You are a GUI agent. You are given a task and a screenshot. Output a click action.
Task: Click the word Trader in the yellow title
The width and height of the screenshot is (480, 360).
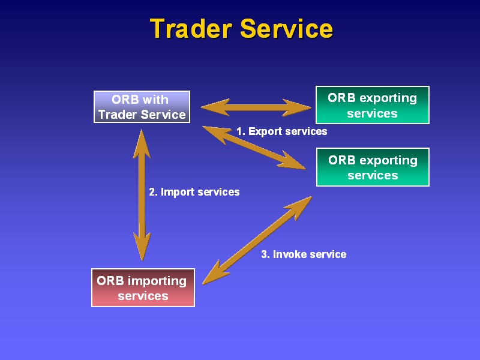pyautogui.click(x=191, y=28)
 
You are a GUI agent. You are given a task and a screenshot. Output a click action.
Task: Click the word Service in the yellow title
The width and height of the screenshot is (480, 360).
pyautogui.click(x=287, y=28)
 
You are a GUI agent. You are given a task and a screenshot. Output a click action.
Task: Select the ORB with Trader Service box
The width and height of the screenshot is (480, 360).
pyautogui.click(x=142, y=107)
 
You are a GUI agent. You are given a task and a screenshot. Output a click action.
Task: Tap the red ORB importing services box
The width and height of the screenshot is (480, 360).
pyautogui.click(x=143, y=288)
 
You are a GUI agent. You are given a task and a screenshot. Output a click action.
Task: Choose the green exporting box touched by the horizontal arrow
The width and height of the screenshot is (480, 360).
pyautogui.click(x=372, y=105)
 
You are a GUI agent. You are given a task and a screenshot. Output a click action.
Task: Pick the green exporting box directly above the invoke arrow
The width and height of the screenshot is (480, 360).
pyautogui.click(x=373, y=167)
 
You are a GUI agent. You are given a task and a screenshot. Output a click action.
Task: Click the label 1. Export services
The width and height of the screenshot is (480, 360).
pyautogui.click(x=281, y=131)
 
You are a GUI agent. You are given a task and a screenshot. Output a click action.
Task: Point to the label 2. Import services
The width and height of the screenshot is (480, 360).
pyautogui.click(x=194, y=192)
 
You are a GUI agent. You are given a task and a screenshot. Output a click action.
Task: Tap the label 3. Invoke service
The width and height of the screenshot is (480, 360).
pyautogui.click(x=304, y=254)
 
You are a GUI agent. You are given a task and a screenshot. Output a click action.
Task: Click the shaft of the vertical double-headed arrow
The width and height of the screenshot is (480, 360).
pyautogui.click(x=142, y=195)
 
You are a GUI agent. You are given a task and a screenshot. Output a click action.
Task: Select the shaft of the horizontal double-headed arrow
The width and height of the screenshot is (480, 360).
pyautogui.click(x=256, y=107)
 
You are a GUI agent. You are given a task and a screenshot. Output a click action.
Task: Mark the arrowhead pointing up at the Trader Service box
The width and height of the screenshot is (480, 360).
pyautogui.click(x=142, y=143)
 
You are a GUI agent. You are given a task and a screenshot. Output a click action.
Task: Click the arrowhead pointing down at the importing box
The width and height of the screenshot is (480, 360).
pyautogui.click(x=142, y=247)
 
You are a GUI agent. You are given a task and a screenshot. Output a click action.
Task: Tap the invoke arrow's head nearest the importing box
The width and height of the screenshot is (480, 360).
pyautogui.click(x=214, y=274)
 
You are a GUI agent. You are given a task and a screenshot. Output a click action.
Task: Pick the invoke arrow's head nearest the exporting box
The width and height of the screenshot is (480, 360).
pyautogui.click(x=299, y=207)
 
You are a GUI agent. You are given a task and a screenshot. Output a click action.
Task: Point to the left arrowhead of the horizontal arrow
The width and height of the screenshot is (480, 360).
pyautogui.click(x=215, y=107)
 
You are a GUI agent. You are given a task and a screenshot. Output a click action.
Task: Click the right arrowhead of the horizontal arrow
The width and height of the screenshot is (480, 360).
pyautogui.click(x=296, y=107)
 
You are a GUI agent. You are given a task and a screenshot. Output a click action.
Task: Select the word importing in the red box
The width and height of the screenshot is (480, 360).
pyautogui.click(x=157, y=281)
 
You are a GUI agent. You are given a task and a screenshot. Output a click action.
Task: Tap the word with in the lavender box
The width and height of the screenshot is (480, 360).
pyautogui.click(x=155, y=100)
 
